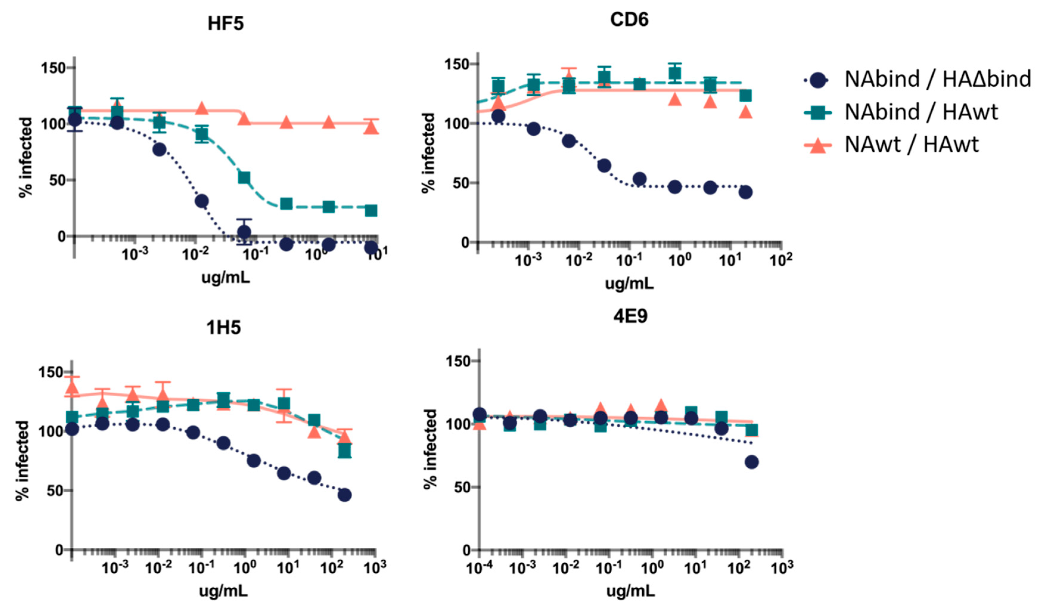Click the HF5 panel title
tap(226, 24)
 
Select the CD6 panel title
tap(629, 19)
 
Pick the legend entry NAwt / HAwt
tap(911, 145)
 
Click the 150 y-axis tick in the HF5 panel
tap(54, 68)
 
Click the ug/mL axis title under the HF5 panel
tap(226, 277)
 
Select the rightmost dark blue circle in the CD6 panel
tap(745, 192)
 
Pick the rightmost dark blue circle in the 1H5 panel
tap(344, 495)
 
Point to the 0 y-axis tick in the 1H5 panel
tap(59, 550)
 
